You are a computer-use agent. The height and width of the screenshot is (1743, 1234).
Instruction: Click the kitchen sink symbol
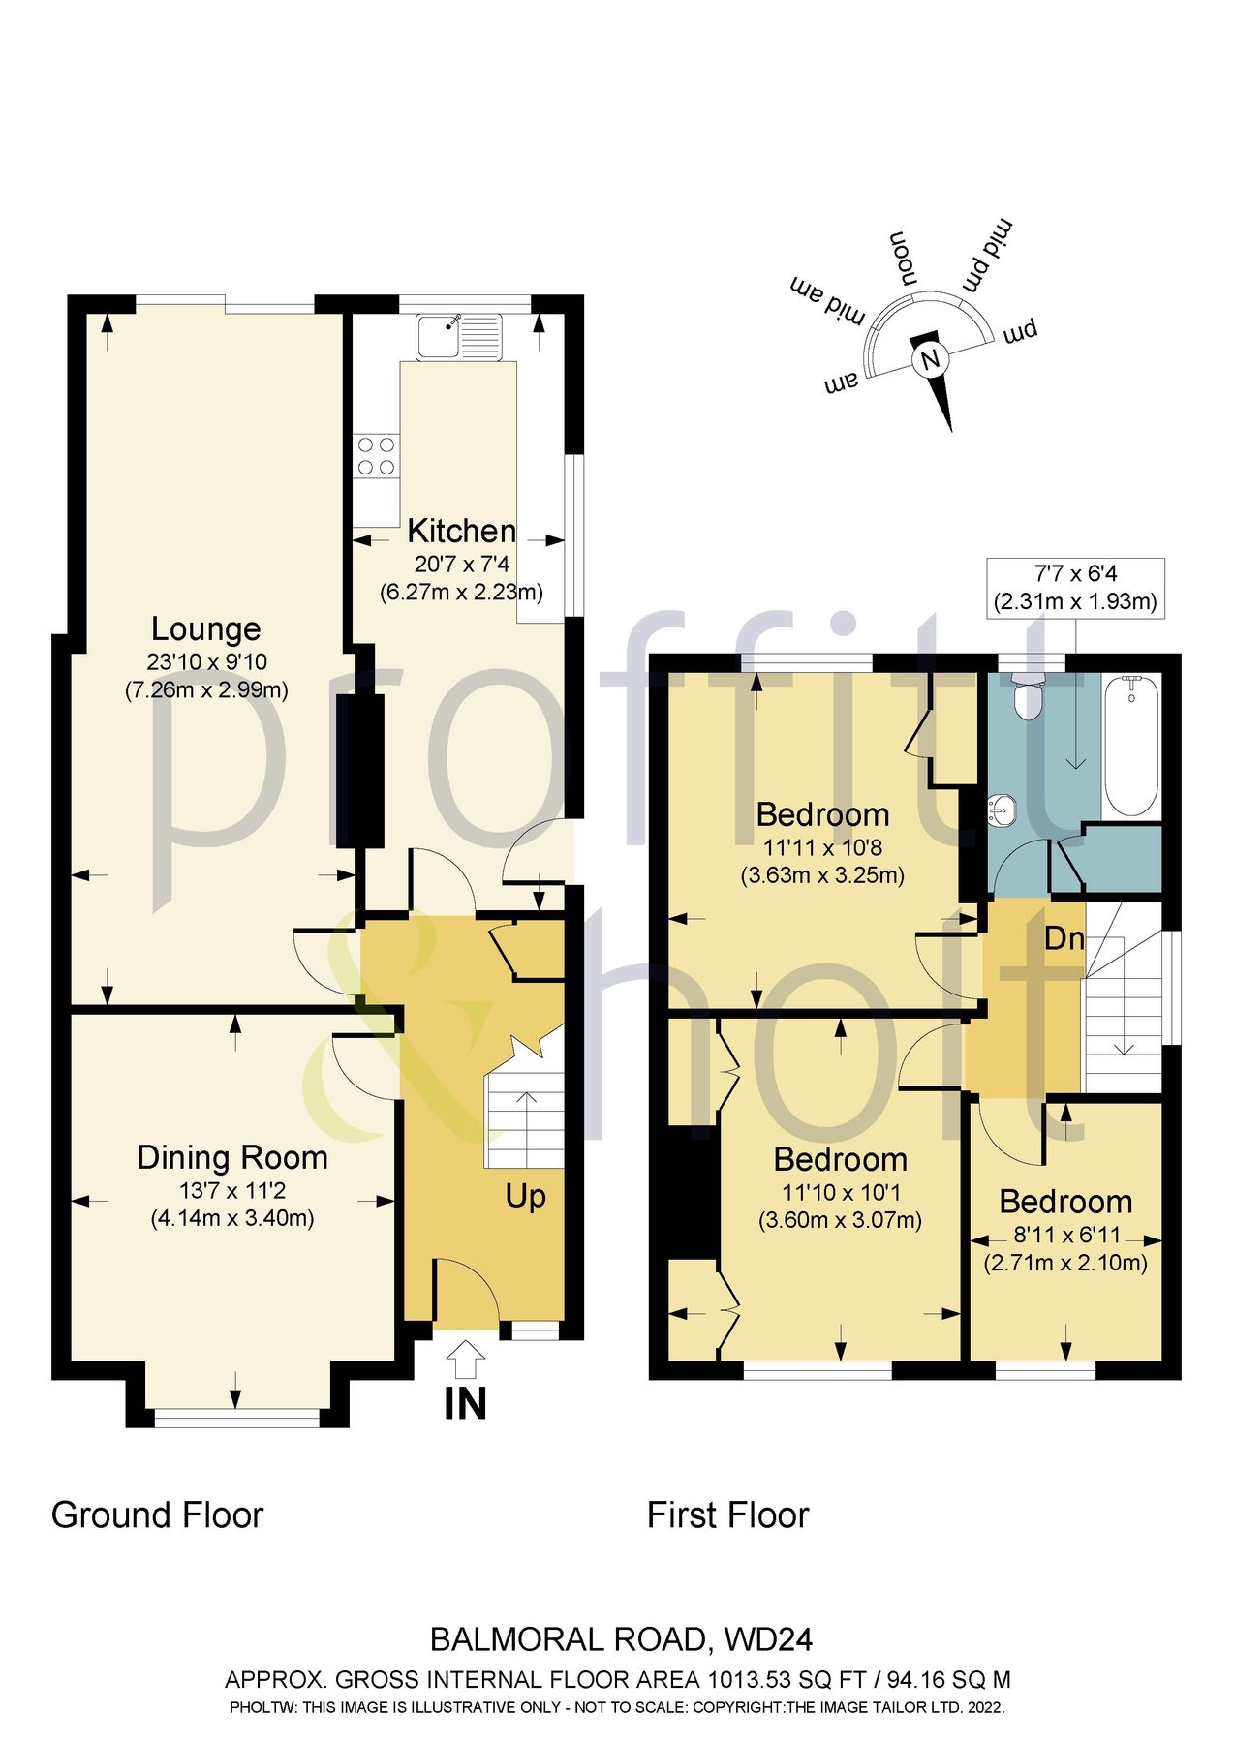(x=459, y=337)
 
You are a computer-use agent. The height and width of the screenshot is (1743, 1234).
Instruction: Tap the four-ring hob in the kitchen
(x=376, y=457)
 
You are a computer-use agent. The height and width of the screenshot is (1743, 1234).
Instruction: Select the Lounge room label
(x=206, y=629)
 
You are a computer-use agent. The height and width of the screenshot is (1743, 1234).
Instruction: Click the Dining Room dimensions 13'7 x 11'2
(x=232, y=1190)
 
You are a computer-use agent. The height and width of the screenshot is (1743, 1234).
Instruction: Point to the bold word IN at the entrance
(x=465, y=1404)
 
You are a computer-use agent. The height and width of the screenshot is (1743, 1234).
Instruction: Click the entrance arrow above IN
(x=466, y=1359)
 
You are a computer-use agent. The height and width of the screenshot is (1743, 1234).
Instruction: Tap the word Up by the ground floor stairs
(x=525, y=1197)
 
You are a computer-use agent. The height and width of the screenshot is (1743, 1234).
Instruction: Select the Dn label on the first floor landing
(x=1064, y=938)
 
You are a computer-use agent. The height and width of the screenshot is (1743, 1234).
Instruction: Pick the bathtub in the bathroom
(x=1130, y=746)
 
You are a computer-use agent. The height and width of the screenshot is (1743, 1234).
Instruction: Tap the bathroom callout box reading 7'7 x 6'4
(x=1075, y=587)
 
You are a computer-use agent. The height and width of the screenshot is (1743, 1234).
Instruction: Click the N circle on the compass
(x=930, y=360)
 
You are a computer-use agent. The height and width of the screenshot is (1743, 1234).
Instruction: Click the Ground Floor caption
(x=157, y=1515)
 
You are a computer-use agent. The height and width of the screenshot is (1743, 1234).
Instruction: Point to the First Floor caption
(x=727, y=1515)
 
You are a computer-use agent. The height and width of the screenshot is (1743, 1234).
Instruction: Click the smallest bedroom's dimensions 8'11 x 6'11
(x=1065, y=1236)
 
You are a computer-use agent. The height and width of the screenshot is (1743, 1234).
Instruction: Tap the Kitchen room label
(x=461, y=531)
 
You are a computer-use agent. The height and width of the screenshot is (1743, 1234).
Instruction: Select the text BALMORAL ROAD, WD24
(x=621, y=1639)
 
